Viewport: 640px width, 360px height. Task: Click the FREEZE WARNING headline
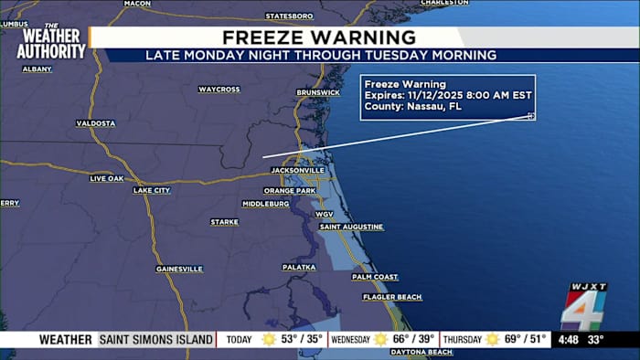point(319,37)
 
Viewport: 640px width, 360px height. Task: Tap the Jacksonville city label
point(297,170)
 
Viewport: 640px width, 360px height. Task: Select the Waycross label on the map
point(219,90)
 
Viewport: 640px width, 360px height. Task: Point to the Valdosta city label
point(96,122)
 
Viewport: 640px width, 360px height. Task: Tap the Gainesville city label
point(179,269)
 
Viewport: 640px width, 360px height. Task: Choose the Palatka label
point(298,267)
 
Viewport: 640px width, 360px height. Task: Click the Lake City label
point(152,190)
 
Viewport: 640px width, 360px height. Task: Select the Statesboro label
point(289,16)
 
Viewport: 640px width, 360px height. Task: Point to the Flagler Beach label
point(391,297)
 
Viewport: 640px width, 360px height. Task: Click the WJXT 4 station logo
point(584,307)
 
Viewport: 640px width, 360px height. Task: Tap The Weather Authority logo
point(51,42)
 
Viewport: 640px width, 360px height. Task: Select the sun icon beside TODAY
point(269,340)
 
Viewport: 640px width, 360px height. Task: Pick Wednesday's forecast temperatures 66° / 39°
point(413,340)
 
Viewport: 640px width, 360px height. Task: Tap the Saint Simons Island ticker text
point(155,340)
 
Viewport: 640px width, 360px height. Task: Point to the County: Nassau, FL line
point(413,106)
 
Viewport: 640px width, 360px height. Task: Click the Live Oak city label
point(106,178)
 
